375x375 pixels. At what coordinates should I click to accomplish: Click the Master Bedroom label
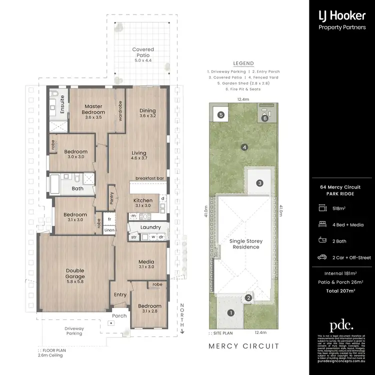[x=93, y=109]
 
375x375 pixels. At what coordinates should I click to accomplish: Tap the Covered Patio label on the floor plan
[x=143, y=52]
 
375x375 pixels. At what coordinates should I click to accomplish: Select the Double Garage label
[x=75, y=273]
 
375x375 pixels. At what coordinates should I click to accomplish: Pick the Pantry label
[x=112, y=195]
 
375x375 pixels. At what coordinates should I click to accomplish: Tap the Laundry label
[x=150, y=227]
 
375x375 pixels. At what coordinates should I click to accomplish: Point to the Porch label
[x=119, y=315]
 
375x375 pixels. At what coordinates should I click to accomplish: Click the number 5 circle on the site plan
[x=221, y=114]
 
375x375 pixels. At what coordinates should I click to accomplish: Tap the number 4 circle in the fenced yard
[x=244, y=147]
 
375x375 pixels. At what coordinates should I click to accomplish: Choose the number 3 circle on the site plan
[x=260, y=183]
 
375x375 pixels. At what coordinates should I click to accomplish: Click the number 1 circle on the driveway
[x=230, y=313]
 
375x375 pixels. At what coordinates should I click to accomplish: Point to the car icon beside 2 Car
[x=322, y=257]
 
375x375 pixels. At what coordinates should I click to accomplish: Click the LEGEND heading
[x=243, y=63]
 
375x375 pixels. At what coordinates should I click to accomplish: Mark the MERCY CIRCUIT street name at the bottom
[x=243, y=346]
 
